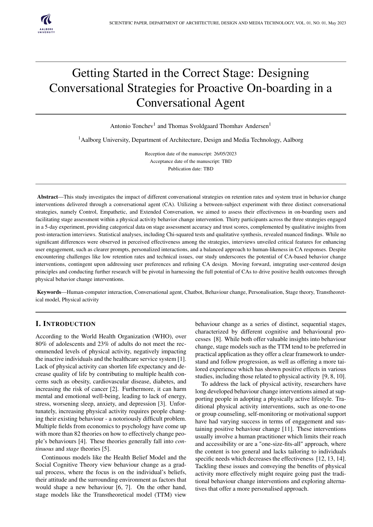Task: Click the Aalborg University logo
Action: [x=46, y=23]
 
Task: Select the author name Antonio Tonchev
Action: [x=132, y=126]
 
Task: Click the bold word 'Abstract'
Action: [x=47, y=197]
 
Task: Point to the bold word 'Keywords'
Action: [x=49, y=292]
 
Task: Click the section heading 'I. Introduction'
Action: [x=66, y=324]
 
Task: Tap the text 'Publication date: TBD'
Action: [x=191, y=169]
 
